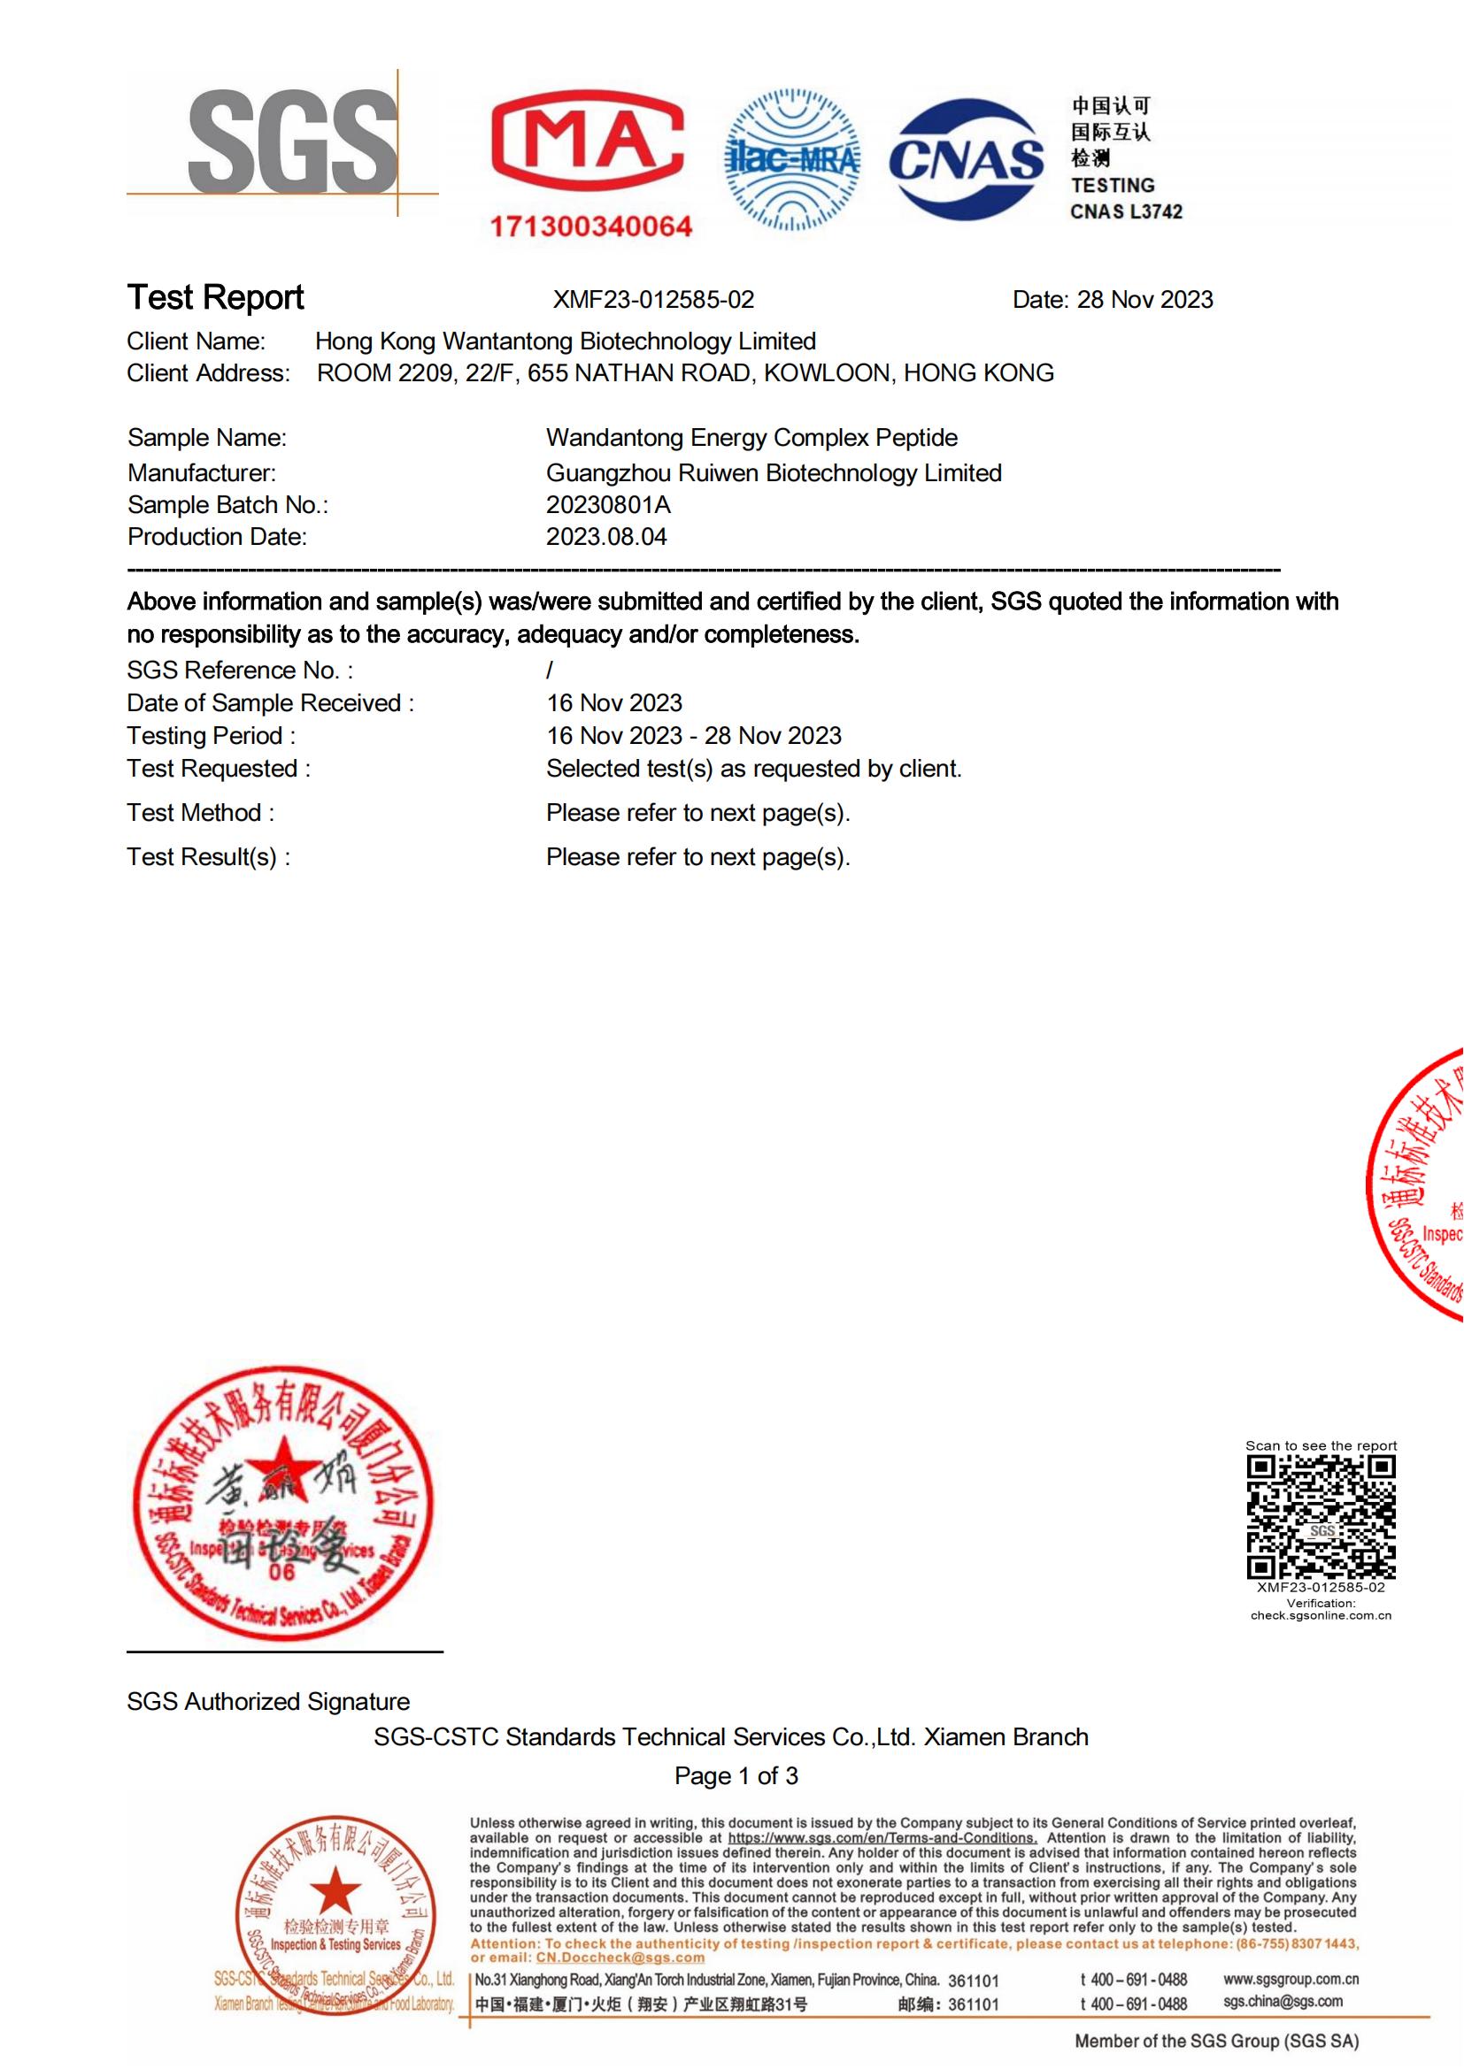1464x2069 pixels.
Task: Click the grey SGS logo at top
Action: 292,142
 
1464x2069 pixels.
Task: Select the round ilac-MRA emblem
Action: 792,159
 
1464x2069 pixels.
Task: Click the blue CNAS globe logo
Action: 966,160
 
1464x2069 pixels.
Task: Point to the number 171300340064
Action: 590,226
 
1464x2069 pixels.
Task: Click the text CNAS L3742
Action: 1126,212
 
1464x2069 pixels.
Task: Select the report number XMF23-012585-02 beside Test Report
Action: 652,299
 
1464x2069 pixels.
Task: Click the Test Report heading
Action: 215,297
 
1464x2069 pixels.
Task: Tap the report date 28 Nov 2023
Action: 1144,299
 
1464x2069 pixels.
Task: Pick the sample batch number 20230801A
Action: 608,504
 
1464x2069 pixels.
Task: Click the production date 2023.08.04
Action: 605,537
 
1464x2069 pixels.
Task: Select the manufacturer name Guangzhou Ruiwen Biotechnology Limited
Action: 774,473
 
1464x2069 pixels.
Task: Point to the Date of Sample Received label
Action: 270,703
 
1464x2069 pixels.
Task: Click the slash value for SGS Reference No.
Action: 550,671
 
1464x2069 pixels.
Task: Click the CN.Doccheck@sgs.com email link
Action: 620,1958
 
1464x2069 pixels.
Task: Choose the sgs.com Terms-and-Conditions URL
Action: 882,1838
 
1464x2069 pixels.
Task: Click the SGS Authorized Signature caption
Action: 267,1701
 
